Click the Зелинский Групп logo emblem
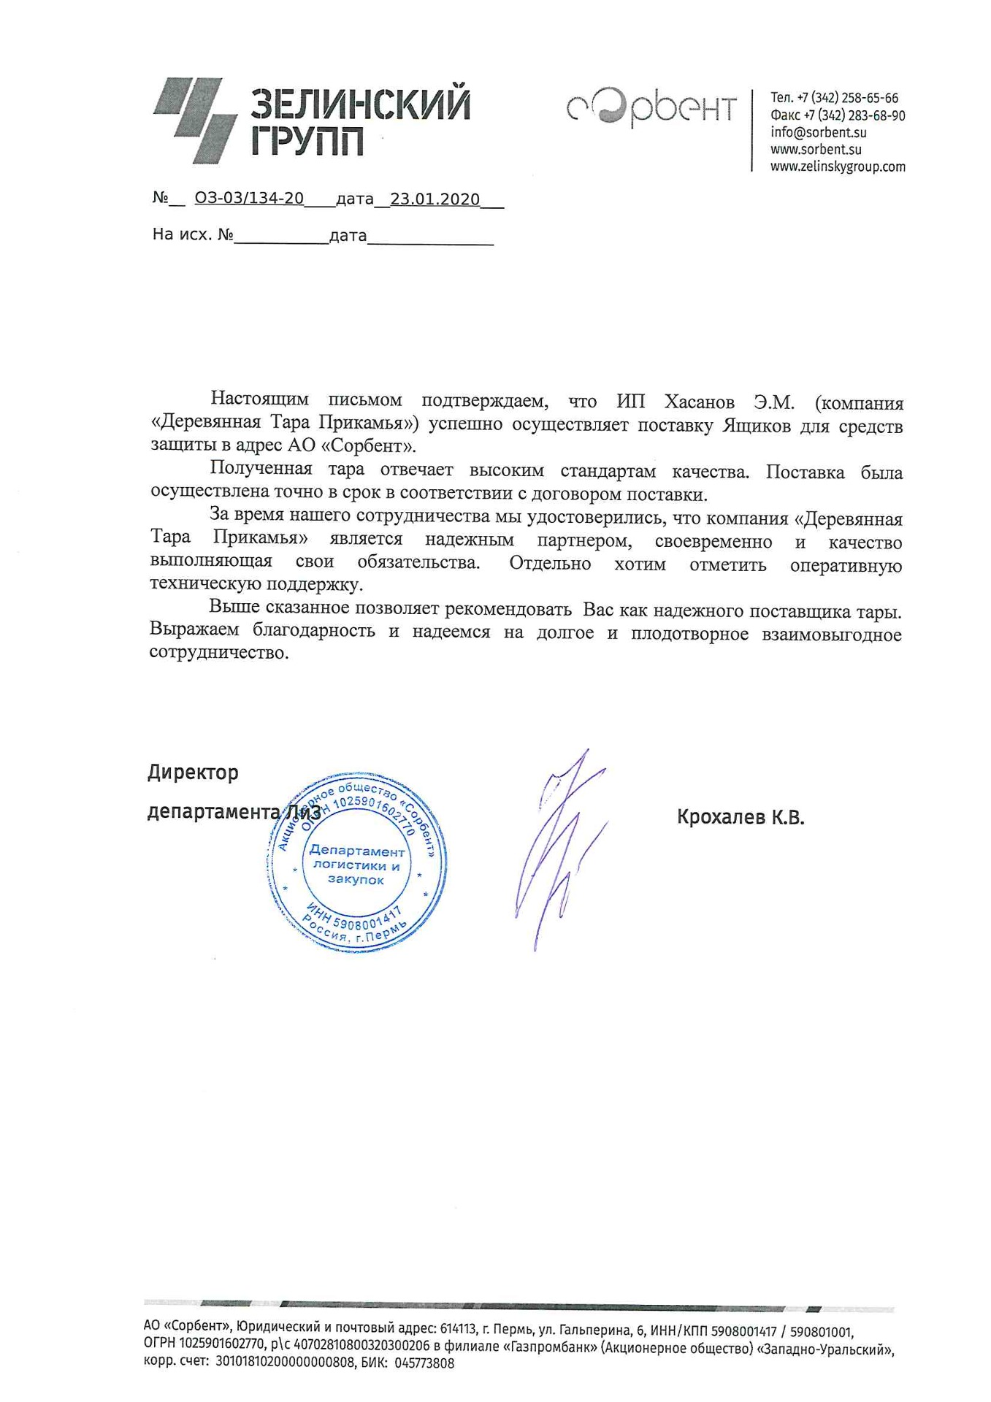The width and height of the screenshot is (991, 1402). coord(195,120)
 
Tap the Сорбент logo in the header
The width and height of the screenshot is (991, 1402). coord(651,109)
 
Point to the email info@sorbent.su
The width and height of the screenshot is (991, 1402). coord(818,132)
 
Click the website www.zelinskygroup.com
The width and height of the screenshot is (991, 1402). coord(838,166)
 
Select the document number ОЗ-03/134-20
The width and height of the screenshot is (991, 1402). coord(249,199)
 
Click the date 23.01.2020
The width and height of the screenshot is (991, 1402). coord(435,199)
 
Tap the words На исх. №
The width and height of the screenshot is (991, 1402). coord(192,234)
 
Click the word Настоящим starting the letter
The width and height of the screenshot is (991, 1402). coord(259,399)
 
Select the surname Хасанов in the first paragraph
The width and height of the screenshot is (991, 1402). coord(699,402)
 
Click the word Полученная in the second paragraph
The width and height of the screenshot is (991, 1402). coord(261,469)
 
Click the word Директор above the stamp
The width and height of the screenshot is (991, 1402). coord(193,773)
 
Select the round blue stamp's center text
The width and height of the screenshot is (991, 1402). coord(356,865)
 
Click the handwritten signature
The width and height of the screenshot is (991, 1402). coord(560,847)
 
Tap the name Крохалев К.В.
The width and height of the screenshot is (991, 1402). coord(740,817)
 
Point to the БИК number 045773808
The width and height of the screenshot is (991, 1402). coord(424,1363)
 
